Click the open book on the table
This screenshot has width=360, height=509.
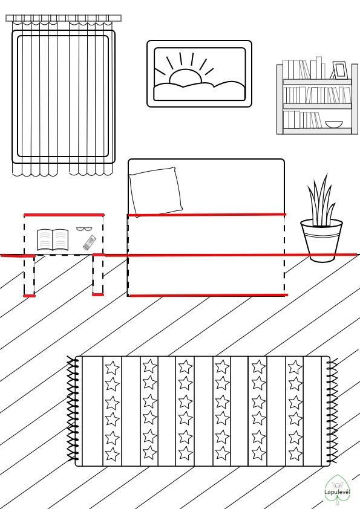53,240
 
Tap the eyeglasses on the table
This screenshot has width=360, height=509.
84,229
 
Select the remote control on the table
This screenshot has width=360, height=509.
90,242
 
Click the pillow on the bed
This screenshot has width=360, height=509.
155,192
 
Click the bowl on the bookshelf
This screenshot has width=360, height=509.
334,125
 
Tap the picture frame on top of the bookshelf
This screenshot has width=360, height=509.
339,70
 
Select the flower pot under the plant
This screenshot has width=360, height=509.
321,240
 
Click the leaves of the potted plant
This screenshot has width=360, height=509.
321,201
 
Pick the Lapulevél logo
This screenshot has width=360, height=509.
337,490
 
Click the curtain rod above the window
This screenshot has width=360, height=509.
64,18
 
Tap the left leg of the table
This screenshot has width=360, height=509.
29,275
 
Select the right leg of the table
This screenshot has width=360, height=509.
98,274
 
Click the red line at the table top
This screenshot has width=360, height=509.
64,215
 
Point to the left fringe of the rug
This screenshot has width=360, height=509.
72,409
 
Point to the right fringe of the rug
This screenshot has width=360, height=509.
332,410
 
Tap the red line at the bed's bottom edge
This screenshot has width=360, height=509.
208,295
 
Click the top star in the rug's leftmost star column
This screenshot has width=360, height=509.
112,368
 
